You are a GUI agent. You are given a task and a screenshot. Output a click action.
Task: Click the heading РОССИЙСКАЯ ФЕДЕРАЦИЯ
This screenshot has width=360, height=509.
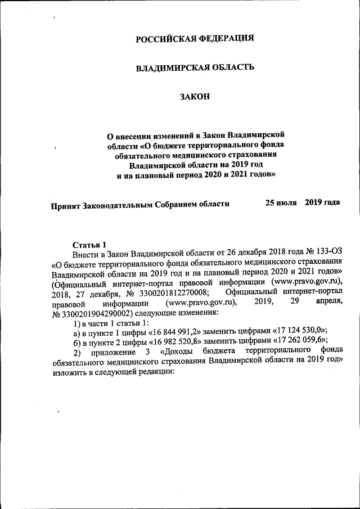tap(195, 38)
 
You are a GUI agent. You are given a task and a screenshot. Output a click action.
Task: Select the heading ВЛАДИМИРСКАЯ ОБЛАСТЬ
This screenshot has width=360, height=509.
tap(195, 67)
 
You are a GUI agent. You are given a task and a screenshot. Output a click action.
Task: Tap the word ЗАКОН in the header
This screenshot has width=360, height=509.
tap(195, 97)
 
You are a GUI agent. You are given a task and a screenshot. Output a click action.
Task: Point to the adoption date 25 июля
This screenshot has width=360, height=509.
tap(281, 202)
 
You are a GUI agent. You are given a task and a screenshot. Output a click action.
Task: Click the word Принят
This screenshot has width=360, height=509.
tap(67, 204)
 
